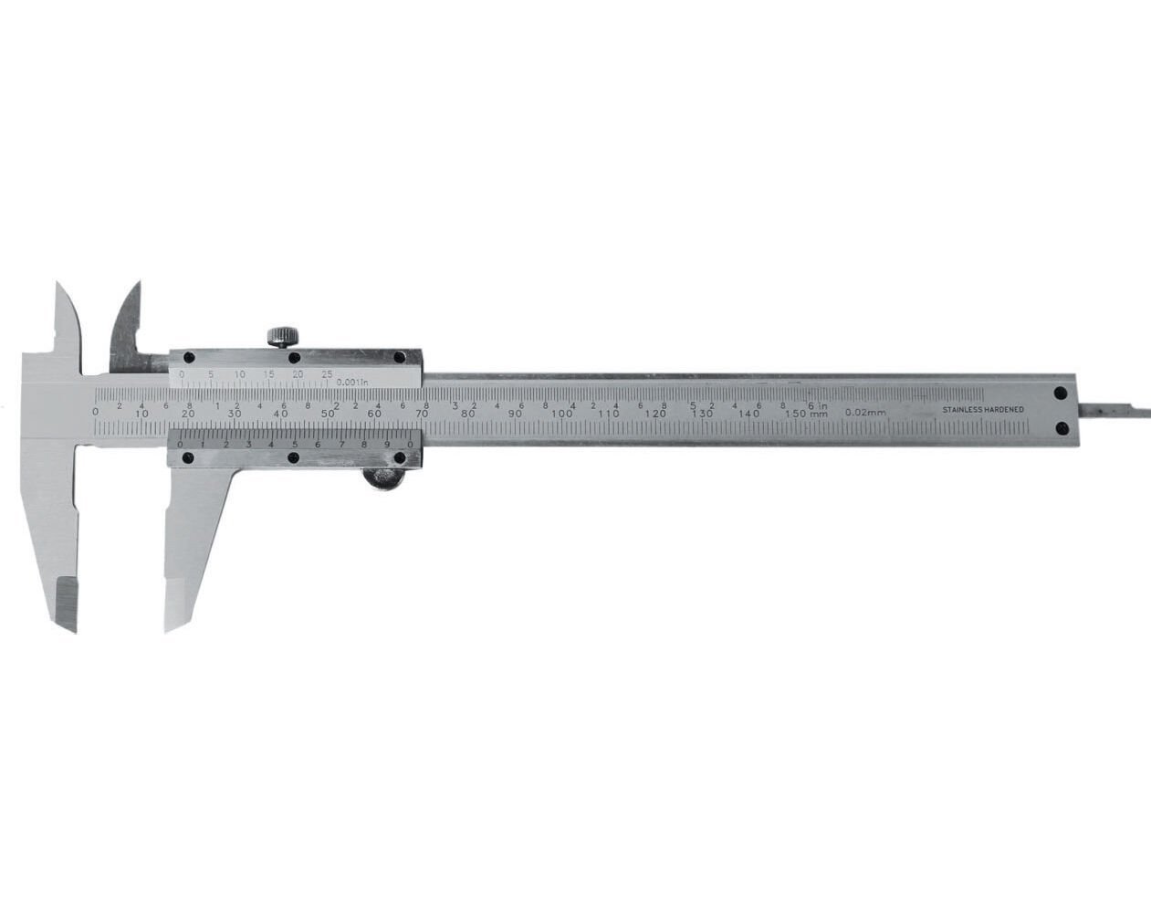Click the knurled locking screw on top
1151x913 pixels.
coord(282,335)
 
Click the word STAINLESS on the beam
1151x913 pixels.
coord(962,411)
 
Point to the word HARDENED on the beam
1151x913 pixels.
coord(1004,411)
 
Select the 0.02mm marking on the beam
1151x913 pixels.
coord(865,413)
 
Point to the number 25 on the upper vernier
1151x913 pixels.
coord(327,374)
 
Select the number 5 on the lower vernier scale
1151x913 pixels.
coord(294,445)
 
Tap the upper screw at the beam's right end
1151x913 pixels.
coord(1061,394)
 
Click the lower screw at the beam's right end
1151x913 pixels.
coord(1061,428)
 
